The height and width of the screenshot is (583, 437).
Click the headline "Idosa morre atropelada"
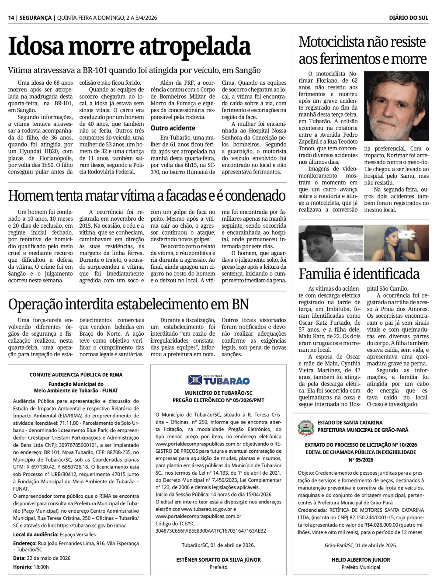pyautogui.click(x=129, y=46)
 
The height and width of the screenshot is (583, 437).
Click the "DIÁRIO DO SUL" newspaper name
pyautogui.click(x=409, y=18)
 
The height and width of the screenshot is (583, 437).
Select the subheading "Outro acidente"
pyautogui.click(x=173, y=128)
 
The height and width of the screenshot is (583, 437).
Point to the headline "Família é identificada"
pyautogui.click(x=359, y=274)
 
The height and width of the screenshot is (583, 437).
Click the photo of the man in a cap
pyautogui.click(x=330, y=243)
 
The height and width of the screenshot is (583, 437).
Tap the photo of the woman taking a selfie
pyautogui.click(x=396, y=243)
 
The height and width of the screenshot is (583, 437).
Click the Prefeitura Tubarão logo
pyautogui.click(x=218, y=380)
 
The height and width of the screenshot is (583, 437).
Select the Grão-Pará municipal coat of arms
pyautogui.click(x=306, y=428)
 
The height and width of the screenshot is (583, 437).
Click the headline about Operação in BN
pyautogui.click(x=128, y=304)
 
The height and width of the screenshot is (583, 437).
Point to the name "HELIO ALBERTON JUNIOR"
pyautogui.click(x=361, y=559)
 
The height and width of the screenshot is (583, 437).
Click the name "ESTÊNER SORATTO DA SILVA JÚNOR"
pyautogui.click(x=218, y=559)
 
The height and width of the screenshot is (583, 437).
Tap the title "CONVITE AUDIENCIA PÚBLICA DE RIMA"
pyautogui.click(x=76, y=375)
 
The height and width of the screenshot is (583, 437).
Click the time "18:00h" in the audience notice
pyautogui.click(x=41, y=567)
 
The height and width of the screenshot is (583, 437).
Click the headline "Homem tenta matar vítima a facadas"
pyautogui.click(x=147, y=196)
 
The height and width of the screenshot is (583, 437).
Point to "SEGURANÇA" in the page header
pyautogui.click(x=35, y=18)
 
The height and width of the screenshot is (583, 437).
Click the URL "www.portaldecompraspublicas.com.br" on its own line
pyautogui.click(x=198, y=516)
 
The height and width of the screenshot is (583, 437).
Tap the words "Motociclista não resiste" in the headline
pyautogui.click(x=362, y=42)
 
